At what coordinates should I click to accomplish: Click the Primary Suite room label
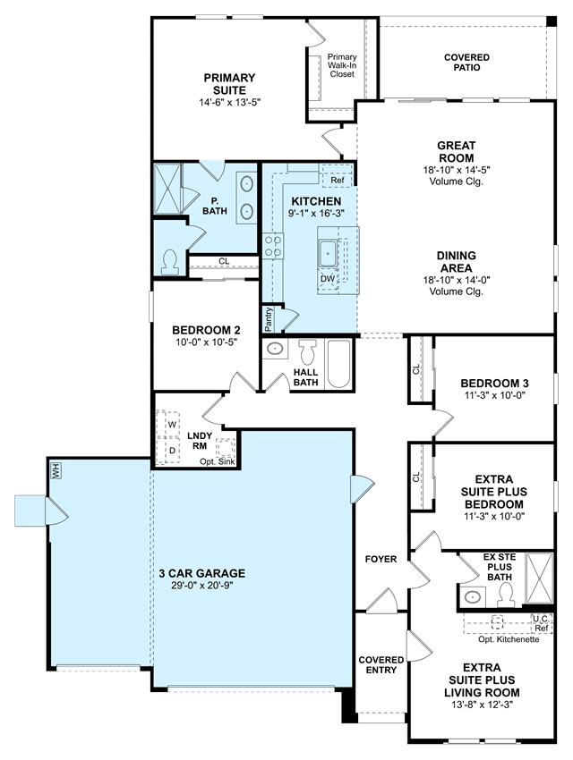click(x=229, y=84)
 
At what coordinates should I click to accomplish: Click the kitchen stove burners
click(x=273, y=246)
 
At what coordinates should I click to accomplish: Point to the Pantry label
click(x=269, y=319)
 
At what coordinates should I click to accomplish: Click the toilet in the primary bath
click(x=169, y=262)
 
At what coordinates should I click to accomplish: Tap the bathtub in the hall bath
click(x=338, y=364)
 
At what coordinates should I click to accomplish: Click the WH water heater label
click(x=56, y=470)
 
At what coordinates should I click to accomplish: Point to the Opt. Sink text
click(x=218, y=462)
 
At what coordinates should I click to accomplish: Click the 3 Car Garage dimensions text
click(x=202, y=586)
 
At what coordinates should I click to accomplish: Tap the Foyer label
click(x=381, y=560)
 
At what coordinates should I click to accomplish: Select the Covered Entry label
click(x=381, y=665)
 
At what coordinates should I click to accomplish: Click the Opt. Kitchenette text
click(x=509, y=639)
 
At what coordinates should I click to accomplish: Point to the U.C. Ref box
click(x=541, y=623)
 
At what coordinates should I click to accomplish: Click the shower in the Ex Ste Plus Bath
click(x=539, y=578)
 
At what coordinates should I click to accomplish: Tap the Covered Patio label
click(x=466, y=63)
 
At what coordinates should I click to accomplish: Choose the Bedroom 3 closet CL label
click(x=415, y=369)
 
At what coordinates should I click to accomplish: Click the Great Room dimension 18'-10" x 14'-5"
click(x=456, y=170)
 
